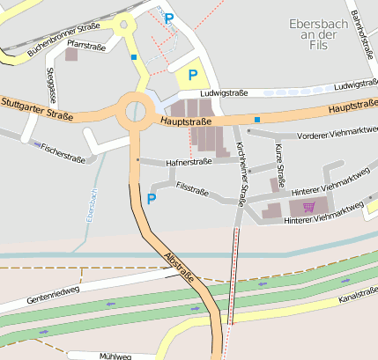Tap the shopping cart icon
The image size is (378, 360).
pyautogui.click(x=308, y=207)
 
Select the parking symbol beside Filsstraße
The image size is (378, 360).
pyautogui.click(x=151, y=199)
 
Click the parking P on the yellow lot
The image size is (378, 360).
pyautogui.click(x=192, y=76)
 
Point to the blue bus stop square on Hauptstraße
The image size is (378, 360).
pyautogui.click(x=256, y=119)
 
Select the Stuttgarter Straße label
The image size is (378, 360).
pyautogui.click(x=36, y=107)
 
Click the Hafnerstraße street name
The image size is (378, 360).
pyautogui.click(x=189, y=162)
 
